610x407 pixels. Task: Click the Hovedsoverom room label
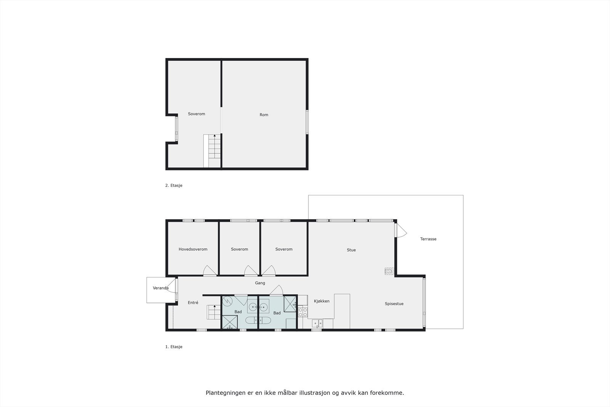point(193,249)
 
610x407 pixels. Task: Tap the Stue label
point(351,250)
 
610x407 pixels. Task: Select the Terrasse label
point(428,239)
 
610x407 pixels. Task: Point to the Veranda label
point(161,288)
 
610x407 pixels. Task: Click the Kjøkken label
point(321,301)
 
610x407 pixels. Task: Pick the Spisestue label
point(394,304)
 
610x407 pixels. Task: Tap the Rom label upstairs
point(264,115)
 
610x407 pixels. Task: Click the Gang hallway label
point(260,283)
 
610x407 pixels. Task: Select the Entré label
point(193,303)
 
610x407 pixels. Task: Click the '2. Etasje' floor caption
point(174,186)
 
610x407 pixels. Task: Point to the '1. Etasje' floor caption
point(174,347)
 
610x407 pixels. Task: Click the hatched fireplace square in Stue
point(388,271)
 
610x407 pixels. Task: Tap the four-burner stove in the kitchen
point(303,312)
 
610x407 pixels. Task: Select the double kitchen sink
point(317,324)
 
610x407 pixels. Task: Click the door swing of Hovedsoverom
point(210,270)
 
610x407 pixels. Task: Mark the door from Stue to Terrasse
point(401,230)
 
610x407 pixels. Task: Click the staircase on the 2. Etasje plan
point(212,150)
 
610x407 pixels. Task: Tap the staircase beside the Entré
point(214,312)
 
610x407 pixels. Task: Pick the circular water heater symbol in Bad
point(227,301)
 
